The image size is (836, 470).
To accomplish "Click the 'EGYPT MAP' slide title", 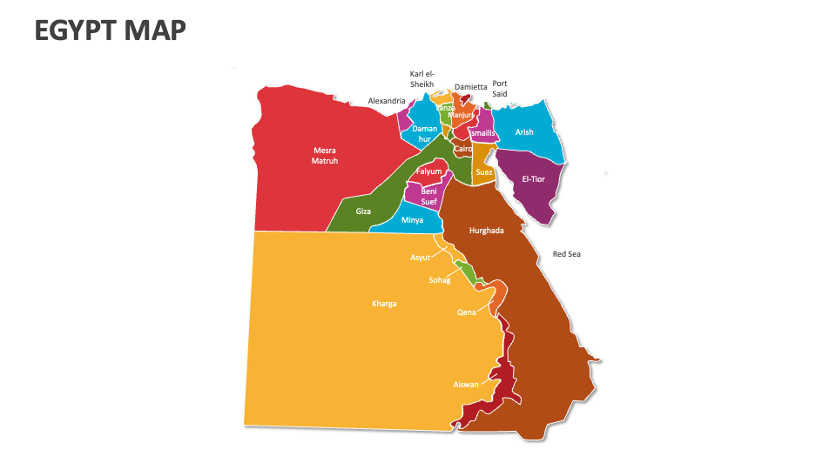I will pyautogui.click(x=110, y=30).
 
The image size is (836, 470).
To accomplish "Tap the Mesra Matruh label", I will pyautogui.click(x=325, y=155).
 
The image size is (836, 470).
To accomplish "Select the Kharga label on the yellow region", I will pyautogui.click(x=384, y=304).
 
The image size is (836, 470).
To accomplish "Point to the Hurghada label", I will pyautogui.click(x=487, y=231).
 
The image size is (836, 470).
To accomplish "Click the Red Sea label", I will pyautogui.click(x=566, y=254).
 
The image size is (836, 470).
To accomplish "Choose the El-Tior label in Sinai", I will pyautogui.click(x=533, y=178).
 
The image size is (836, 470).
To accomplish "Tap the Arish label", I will pyautogui.click(x=524, y=132).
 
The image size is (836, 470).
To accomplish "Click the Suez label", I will pyautogui.click(x=484, y=172).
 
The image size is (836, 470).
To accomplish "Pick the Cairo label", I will pyautogui.click(x=463, y=149).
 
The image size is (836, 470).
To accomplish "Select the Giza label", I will pyautogui.click(x=364, y=211).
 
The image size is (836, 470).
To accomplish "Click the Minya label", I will pyautogui.click(x=412, y=220).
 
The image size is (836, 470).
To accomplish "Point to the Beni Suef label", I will pyautogui.click(x=429, y=197).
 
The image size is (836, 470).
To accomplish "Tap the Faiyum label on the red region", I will pyautogui.click(x=429, y=171).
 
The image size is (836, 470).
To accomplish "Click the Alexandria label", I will pyautogui.click(x=387, y=101).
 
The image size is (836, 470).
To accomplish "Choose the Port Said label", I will pyautogui.click(x=500, y=89).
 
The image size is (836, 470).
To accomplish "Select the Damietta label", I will pyautogui.click(x=471, y=87).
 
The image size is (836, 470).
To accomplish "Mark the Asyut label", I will pyautogui.click(x=420, y=258).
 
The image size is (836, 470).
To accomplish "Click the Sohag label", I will pyautogui.click(x=439, y=280).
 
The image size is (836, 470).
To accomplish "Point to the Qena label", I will pyautogui.click(x=467, y=312).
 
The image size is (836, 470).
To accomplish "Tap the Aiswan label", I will pyautogui.click(x=466, y=384).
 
